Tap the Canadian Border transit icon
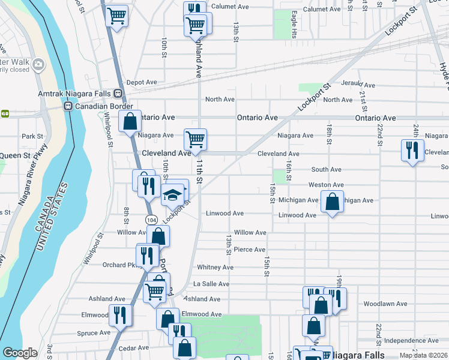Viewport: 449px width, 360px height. [68, 106]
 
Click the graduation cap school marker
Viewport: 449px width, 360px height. [171, 195]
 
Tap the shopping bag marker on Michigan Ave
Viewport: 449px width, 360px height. [332, 202]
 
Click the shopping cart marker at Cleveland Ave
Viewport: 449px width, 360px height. [195, 140]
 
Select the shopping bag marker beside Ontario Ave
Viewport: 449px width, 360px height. [130, 122]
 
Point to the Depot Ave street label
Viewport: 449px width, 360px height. [141, 82]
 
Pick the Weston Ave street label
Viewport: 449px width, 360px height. [326, 185]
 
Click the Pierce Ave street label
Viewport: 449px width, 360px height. [249, 250]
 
